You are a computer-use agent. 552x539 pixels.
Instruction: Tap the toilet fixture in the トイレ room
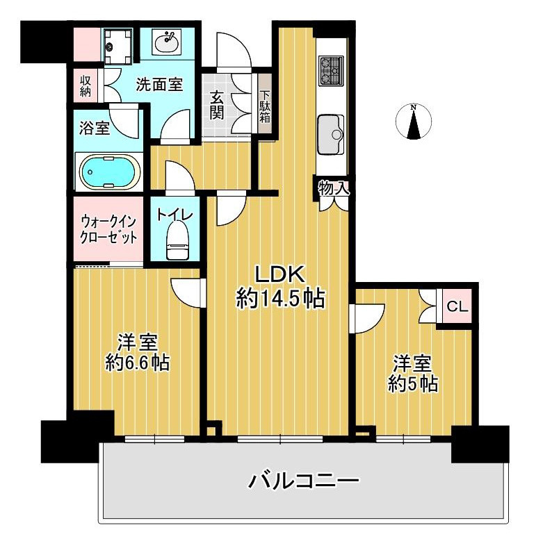178,240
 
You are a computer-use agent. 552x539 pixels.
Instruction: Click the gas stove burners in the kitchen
331,71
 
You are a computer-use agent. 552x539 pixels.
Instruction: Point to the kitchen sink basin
330,134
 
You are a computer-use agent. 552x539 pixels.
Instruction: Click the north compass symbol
414,122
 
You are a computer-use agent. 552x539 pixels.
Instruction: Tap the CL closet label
457,306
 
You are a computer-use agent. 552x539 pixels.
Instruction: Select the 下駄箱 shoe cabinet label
265,107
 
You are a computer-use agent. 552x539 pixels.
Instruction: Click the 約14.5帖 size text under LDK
281,299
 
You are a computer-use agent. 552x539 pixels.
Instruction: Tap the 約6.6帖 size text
138,363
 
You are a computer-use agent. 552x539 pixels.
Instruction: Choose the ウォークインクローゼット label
108,230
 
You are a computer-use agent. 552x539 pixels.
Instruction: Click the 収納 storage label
86,86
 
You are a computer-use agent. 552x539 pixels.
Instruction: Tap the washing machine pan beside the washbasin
119,47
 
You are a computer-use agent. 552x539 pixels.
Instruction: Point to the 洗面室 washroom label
159,85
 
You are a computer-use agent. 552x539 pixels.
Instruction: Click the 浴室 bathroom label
95,128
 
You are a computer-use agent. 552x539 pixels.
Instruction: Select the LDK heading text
280,274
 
